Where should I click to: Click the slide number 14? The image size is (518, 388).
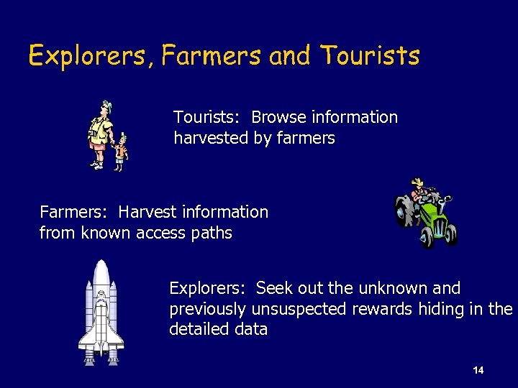click(478, 371)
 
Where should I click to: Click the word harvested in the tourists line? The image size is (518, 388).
click(212, 137)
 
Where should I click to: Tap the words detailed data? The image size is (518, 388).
click(219, 330)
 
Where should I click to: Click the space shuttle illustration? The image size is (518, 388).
click(101, 313)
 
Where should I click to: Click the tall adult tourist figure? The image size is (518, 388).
click(100, 133)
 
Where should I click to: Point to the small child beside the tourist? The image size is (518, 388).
click(122, 152)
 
